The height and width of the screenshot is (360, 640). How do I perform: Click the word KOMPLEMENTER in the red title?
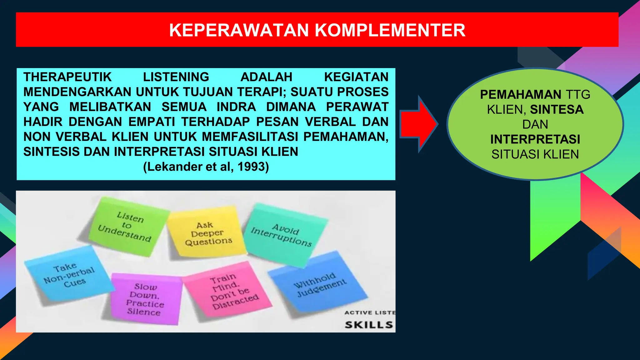click(390, 30)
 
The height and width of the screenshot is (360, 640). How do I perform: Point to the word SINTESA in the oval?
click(557, 109)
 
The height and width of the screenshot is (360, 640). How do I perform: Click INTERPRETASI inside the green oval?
click(535, 139)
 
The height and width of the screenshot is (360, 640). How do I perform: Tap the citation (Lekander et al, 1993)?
click(206, 167)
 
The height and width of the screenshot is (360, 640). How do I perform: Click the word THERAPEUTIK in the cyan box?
click(67, 77)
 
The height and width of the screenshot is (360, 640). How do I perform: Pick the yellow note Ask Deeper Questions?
click(208, 233)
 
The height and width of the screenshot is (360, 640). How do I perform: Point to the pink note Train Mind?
click(230, 291)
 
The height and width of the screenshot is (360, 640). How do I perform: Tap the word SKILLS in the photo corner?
click(369, 325)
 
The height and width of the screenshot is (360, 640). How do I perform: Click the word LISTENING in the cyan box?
click(176, 77)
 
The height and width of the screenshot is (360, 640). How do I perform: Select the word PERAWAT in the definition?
click(357, 107)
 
